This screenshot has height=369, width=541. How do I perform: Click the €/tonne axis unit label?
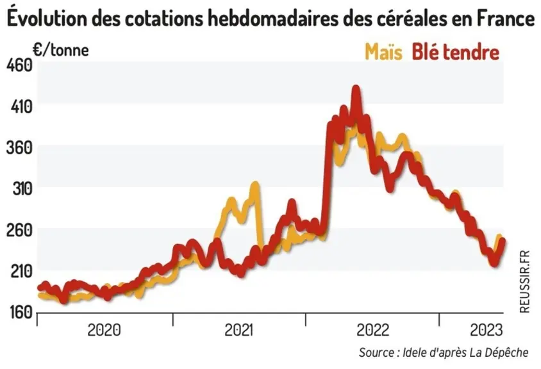point(61,50)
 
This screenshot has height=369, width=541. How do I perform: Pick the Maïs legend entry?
point(384,52)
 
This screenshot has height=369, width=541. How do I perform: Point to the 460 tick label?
point(20,65)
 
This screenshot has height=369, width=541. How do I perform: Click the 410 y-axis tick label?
point(21,107)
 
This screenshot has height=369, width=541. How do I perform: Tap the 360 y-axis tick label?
point(20,148)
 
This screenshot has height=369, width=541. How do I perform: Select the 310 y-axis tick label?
point(22,189)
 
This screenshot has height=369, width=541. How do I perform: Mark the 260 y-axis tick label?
point(20,231)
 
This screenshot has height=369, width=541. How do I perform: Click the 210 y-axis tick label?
point(21,272)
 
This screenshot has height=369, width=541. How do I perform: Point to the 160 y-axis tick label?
point(20,313)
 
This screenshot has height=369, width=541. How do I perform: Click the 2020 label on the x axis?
point(104,330)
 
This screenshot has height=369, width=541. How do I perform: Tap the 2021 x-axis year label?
point(238,330)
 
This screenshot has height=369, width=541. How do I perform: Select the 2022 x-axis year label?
point(373,330)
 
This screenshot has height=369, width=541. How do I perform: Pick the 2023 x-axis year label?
point(487,330)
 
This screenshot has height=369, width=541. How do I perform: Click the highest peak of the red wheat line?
point(356,88)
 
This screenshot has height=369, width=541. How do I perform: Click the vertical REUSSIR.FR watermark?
point(524,282)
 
